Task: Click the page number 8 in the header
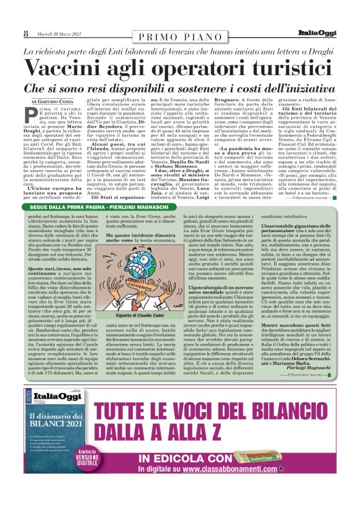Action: pyautogui.click(x=25, y=34)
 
